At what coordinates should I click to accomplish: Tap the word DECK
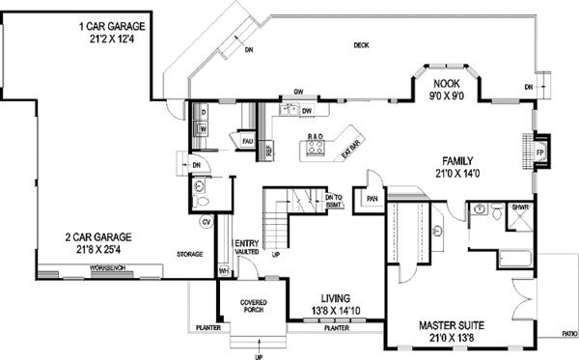tap(361, 45)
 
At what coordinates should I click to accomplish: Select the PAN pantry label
tap(372, 201)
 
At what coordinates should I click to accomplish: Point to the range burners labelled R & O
tap(316, 136)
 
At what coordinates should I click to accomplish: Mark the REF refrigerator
tap(269, 149)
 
